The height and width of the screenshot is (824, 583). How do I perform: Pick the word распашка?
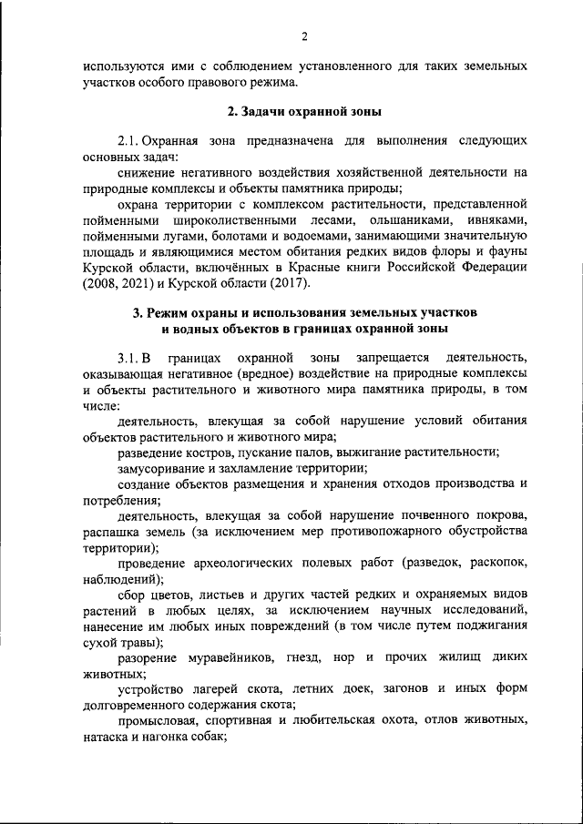[112, 531]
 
